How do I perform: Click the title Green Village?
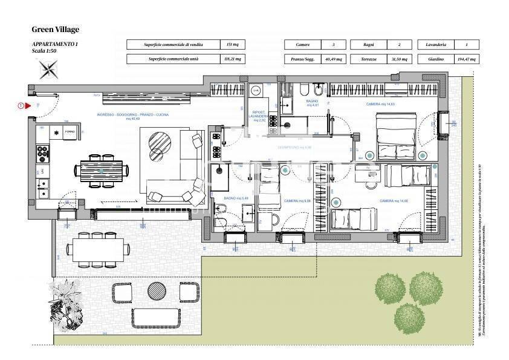[x=56, y=29]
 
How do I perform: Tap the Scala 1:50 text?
[x=45, y=51]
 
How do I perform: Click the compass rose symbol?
[x=47, y=70]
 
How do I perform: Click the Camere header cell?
[x=302, y=45]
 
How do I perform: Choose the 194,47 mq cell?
[x=466, y=59]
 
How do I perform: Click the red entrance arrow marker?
[x=27, y=106]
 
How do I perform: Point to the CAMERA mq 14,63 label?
[x=381, y=105]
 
